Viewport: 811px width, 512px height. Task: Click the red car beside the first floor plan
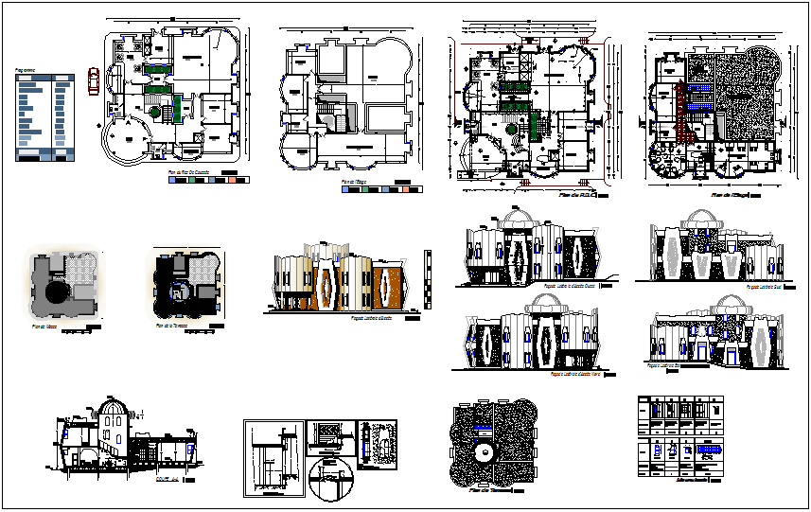pos(93,81)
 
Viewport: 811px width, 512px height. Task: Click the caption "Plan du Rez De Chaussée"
pos(187,173)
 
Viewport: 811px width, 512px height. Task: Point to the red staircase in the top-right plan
pos(679,97)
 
